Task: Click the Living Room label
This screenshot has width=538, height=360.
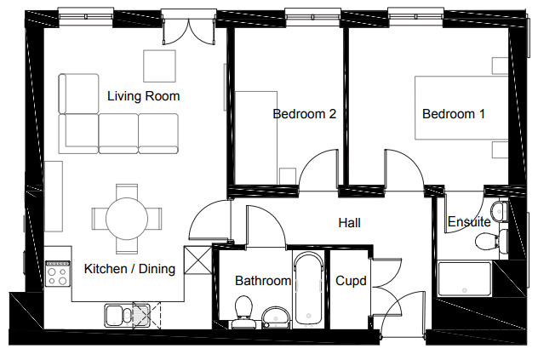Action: click(143, 96)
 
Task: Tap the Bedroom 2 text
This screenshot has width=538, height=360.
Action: click(305, 113)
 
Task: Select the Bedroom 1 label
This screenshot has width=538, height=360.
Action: click(454, 113)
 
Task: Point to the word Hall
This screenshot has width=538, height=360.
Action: click(349, 223)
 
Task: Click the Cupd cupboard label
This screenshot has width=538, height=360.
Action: click(351, 281)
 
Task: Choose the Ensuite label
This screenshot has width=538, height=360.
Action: click(469, 221)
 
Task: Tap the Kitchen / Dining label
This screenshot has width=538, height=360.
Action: click(129, 269)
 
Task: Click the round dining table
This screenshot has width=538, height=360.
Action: click(127, 219)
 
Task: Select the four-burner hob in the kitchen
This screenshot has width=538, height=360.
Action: click(58, 273)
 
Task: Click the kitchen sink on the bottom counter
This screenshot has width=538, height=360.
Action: click(128, 315)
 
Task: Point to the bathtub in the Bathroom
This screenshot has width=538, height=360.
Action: click(309, 289)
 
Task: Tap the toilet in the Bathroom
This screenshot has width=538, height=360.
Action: click(243, 311)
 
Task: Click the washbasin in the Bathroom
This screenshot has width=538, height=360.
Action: click(276, 317)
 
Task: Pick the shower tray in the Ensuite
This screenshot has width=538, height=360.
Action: click(465, 278)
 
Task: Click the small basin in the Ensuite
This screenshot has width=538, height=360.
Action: click(499, 211)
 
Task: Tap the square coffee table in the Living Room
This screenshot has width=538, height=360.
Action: click(159, 66)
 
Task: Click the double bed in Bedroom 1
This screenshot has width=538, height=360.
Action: click(461, 108)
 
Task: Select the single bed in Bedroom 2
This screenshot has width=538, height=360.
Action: click(256, 137)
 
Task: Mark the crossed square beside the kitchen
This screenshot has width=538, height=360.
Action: click(198, 260)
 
